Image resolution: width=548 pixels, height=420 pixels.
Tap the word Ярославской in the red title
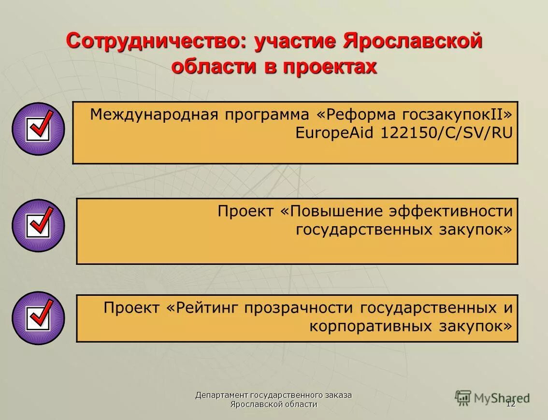pyautogui.click(x=413, y=41)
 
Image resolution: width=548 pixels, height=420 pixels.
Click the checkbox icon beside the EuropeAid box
pyautogui.click(x=38, y=129)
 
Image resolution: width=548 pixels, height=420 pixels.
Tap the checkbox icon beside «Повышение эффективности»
pyautogui.click(x=38, y=225)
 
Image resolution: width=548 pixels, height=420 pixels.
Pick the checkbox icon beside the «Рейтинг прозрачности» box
pyautogui.click(x=38, y=318)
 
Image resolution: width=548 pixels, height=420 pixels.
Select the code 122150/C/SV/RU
pyautogui.click(x=446, y=133)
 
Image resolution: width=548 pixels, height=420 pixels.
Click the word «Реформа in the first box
pyautogui.click(x=356, y=115)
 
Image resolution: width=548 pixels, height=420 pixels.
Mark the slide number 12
pyautogui.click(x=511, y=404)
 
